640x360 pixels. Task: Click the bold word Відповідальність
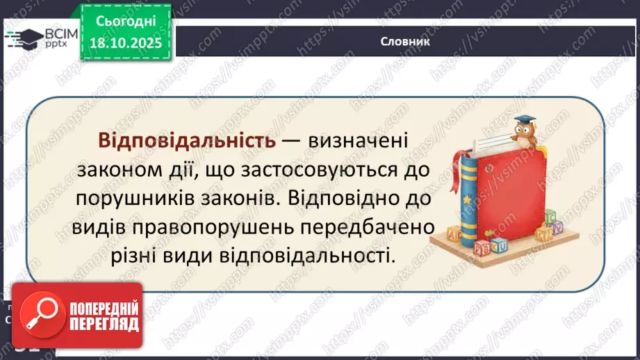pyautogui.click(x=187, y=141)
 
